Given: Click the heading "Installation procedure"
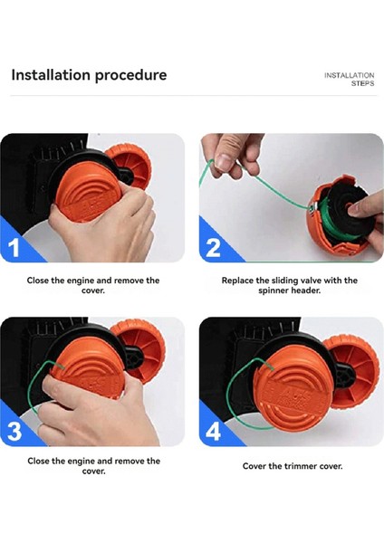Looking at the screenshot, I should click(x=89, y=75).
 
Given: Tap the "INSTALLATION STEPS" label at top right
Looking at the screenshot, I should click(x=349, y=79).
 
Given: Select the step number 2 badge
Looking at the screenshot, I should click(x=214, y=247).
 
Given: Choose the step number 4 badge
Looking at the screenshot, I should click(x=214, y=431).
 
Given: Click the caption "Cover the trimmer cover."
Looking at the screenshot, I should click(x=292, y=466).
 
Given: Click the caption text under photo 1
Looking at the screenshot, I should click(x=94, y=286).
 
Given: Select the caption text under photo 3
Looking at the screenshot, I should click(x=94, y=466).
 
